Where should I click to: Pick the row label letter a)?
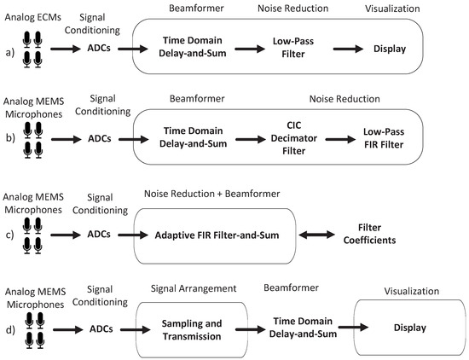[9, 49]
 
